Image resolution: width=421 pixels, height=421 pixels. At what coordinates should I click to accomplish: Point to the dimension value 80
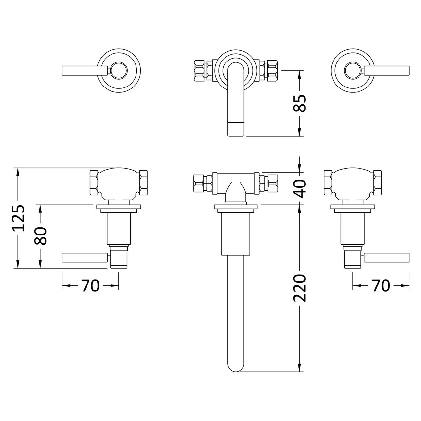pyautogui.click(x=41, y=235)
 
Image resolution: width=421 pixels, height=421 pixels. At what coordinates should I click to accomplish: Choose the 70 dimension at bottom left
pyautogui.click(x=90, y=285)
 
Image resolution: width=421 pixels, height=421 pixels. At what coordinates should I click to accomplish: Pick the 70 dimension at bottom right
pyautogui.click(x=381, y=285)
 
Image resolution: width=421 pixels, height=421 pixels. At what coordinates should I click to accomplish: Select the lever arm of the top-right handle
pyautogui.click(x=387, y=70)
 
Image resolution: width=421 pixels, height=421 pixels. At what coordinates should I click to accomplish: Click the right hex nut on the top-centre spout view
pyautogui.click(x=273, y=70)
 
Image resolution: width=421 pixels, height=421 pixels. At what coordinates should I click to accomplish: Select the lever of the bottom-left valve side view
pyautogui.click(x=85, y=258)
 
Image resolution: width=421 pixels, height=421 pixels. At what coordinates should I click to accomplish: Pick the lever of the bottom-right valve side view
pyautogui.click(x=386, y=258)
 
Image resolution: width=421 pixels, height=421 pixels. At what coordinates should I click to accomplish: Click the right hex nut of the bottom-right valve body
pyautogui.click(x=378, y=182)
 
